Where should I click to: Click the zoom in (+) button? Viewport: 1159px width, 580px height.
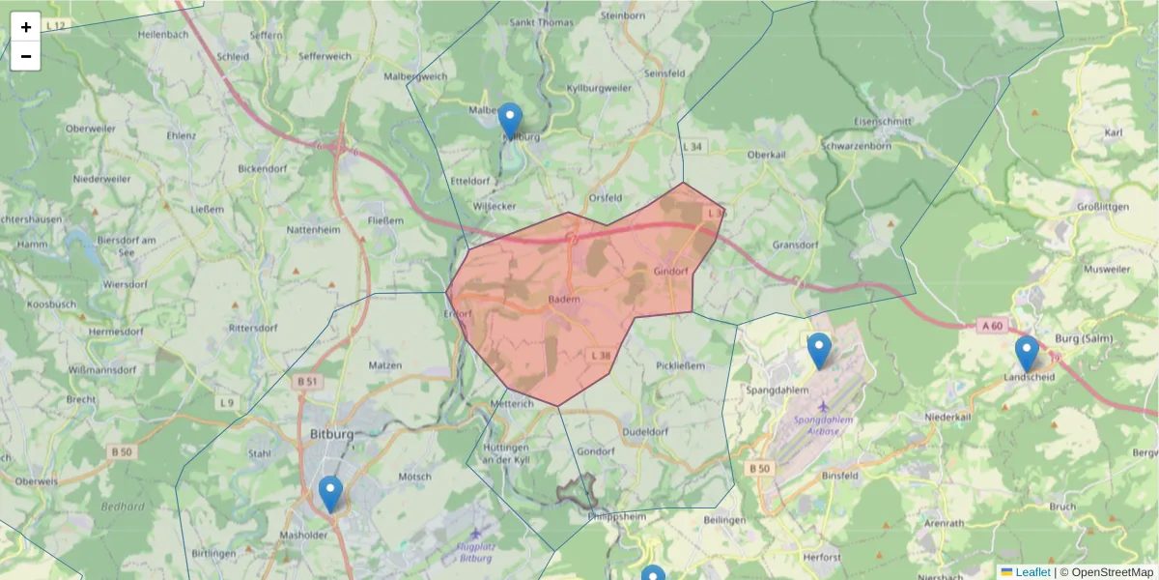[x=26, y=27]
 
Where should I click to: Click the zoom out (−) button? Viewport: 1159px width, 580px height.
[x=26, y=56]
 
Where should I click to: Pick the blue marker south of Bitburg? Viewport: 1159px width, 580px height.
[x=330, y=495]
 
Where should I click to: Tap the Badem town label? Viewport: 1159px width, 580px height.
[x=563, y=300]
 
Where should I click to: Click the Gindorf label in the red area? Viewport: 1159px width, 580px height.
[x=670, y=271]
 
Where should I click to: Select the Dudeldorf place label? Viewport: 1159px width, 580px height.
[x=647, y=432]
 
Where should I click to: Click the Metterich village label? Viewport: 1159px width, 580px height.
[x=513, y=404]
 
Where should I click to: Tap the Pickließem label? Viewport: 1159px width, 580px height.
[x=681, y=366]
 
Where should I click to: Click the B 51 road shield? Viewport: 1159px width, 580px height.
[x=307, y=382]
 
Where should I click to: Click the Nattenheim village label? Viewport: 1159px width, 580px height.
[x=315, y=231]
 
